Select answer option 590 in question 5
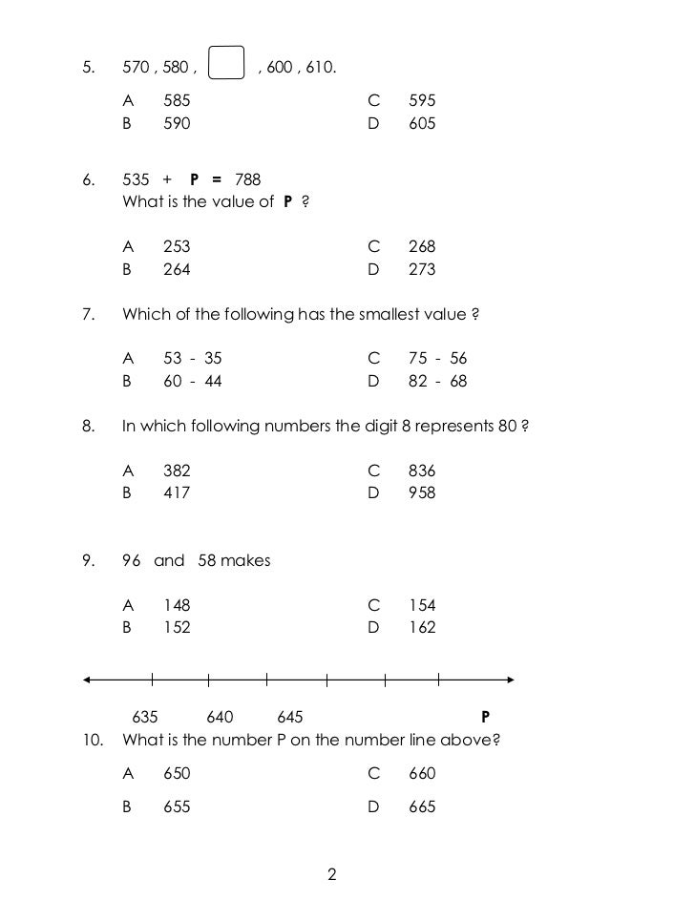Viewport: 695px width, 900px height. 177,123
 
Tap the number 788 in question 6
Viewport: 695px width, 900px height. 247,178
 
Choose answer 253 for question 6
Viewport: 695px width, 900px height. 177,246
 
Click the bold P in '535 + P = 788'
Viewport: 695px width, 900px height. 194,178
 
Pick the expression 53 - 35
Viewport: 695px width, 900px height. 192,359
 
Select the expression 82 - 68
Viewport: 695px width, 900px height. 437,381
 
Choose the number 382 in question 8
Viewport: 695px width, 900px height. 177,471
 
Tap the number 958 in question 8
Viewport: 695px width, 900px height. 422,492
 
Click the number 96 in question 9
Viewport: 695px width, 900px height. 132,560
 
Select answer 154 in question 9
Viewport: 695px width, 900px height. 422,605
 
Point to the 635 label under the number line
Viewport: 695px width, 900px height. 145,717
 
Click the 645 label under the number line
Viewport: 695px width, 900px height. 290,717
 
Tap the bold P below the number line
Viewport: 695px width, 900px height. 485,717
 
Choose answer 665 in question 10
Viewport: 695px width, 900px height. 422,806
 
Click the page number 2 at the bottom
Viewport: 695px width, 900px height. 332,873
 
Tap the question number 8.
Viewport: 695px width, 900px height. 89,426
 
